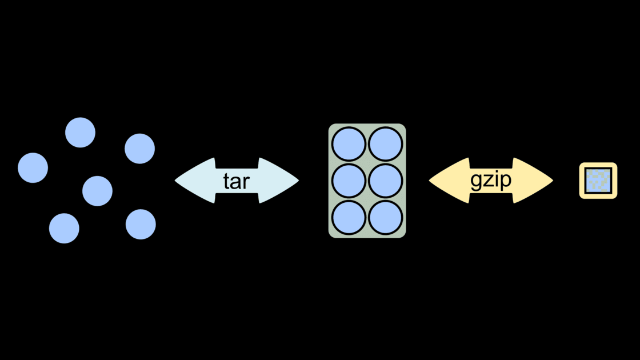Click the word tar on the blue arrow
pyautogui.click(x=237, y=181)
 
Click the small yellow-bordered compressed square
pyautogui.click(x=598, y=181)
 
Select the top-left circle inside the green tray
pyautogui.click(x=349, y=144)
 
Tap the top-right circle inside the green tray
pyautogui.click(x=385, y=144)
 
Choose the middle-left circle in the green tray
pyautogui.click(x=349, y=181)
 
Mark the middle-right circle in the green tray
pyautogui.click(x=385, y=181)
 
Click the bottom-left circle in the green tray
pyautogui.click(x=349, y=217)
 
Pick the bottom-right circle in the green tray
pyautogui.click(x=385, y=217)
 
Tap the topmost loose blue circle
pyautogui.click(x=80, y=133)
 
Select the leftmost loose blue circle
pyautogui.click(x=33, y=168)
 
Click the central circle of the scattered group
pyautogui.click(x=97, y=191)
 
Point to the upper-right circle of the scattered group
pyautogui.click(x=139, y=149)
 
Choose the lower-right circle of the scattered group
pyautogui.click(x=141, y=224)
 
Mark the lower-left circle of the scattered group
pyautogui.click(x=64, y=229)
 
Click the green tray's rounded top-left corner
pyautogui.click(x=332, y=127)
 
